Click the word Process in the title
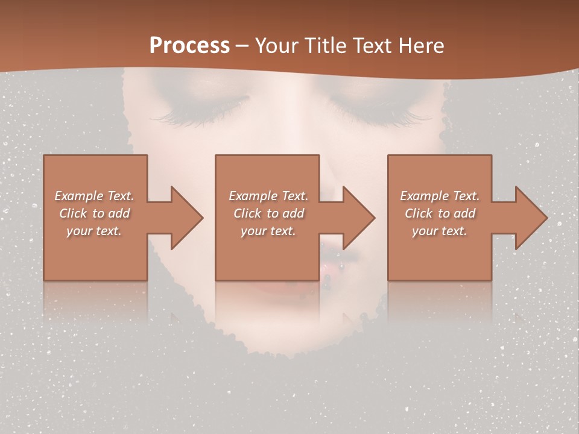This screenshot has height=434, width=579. coord(189,45)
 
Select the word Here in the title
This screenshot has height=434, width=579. coord(420,45)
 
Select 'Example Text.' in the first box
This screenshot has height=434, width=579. coord(94,196)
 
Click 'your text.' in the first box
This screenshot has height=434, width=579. coord(94,231)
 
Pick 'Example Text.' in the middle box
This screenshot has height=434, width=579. coord(268,196)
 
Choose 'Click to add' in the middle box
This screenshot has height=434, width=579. coord(268,213)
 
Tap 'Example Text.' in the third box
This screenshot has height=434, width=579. coord(440,196)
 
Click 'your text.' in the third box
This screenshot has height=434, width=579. coord(440,231)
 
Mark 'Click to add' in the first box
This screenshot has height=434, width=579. coord(94,213)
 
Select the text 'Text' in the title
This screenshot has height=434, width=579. coord(374,45)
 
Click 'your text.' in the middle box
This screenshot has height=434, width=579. coord(268,231)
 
